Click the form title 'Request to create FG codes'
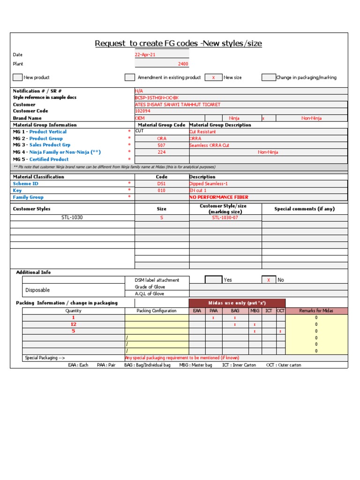tap(178, 44)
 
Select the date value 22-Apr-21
tap(145, 55)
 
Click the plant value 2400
tap(183, 64)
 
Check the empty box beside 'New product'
tap(17, 77)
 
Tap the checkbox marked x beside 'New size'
tap(213, 77)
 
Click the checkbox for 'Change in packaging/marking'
tap(269, 77)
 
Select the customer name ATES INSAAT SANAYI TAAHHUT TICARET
tap(177, 105)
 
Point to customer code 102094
tap(143, 111)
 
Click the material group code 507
tap(162, 145)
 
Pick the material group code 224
tap(162, 152)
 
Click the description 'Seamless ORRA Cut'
tap(209, 145)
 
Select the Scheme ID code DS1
tap(162, 184)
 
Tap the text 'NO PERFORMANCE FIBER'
tap(218, 197)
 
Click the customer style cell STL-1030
tap(72, 217)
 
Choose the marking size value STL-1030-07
tap(225, 217)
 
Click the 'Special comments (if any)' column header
tap(304, 209)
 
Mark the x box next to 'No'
tap(269, 280)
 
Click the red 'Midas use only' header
tap(237, 303)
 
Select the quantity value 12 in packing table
tap(73, 324)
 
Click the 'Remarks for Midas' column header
tap(316, 311)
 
